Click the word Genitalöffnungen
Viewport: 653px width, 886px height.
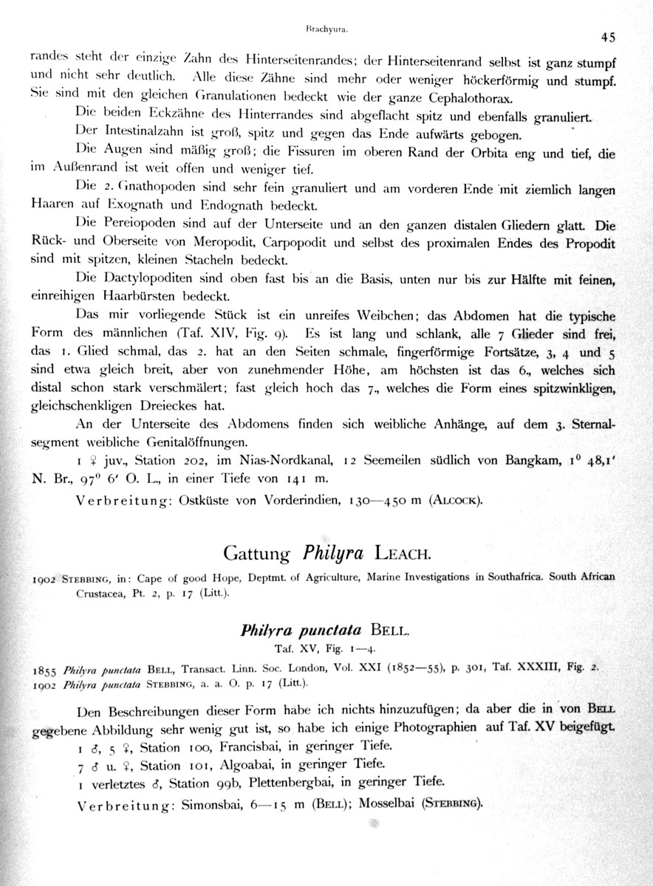(195, 443)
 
